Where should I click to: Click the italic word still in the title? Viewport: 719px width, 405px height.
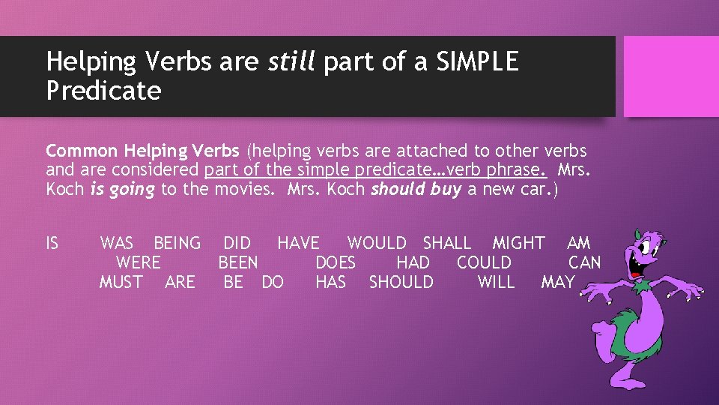[292, 62]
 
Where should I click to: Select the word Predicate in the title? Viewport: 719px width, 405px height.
[103, 91]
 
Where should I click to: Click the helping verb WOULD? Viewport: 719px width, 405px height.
[377, 244]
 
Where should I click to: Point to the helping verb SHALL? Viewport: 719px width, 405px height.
[447, 244]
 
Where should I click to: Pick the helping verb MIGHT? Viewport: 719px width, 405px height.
[518, 244]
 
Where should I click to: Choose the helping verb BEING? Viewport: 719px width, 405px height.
[177, 244]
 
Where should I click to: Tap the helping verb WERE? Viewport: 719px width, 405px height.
[138, 263]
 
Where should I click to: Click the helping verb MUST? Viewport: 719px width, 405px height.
[121, 283]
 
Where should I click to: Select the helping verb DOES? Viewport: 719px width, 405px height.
[336, 263]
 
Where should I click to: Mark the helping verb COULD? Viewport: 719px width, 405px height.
[484, 263]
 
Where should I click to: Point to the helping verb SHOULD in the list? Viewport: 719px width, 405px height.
[401, 283]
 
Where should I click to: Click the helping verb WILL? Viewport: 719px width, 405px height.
[496, 283]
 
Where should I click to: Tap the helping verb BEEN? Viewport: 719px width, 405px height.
[238, 263]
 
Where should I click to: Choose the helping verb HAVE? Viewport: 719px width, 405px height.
[298, 244]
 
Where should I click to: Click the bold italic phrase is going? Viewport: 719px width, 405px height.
[122, 190]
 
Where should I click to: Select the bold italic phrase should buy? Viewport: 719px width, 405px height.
[416, 190]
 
